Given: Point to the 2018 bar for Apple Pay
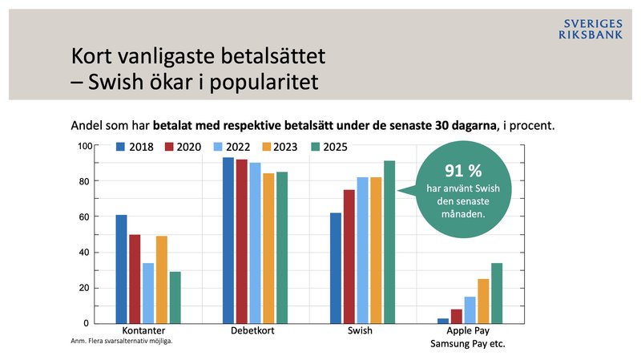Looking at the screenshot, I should coord(443,320).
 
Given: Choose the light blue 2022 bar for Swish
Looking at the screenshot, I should coord(362,250).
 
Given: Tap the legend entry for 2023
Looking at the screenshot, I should coord(280,148).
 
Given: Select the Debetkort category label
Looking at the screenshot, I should coord(255,330).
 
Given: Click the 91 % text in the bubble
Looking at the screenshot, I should coord(462,170).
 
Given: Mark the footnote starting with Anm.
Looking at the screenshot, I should coord(121,341).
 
